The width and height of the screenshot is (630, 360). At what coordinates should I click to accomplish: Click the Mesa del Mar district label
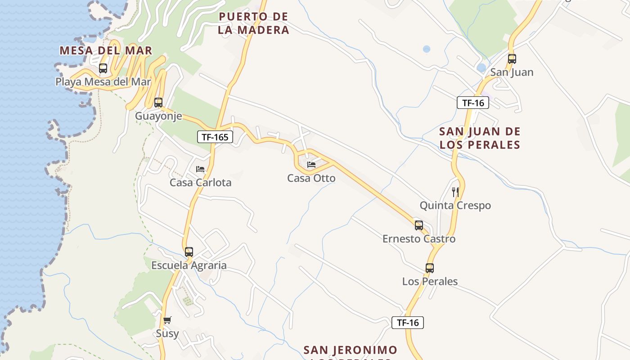(106, 50)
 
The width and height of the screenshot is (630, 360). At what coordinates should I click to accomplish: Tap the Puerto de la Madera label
(253, 23)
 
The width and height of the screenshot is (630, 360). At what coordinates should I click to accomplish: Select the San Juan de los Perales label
(480, 138)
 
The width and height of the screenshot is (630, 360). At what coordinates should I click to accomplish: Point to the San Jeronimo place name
(350, 350)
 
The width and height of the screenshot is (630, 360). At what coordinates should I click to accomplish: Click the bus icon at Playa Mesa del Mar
(103, 68)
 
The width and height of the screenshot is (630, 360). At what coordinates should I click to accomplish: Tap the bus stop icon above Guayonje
(158, 103)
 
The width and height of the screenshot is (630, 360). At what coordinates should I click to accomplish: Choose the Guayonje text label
(158, 116)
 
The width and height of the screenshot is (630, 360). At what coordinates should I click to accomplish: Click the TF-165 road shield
(215, 137)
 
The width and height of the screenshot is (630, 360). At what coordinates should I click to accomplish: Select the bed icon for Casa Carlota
(200, 169)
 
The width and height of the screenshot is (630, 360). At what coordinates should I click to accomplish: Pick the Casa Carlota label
(200, 183)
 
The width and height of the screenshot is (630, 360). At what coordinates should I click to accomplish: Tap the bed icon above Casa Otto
(311, 165)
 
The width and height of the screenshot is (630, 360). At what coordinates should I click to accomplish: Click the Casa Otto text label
(311, 178)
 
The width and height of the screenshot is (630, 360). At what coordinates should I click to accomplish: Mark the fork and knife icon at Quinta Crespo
(455, 192)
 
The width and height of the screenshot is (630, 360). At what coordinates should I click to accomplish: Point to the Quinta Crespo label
(455, 206)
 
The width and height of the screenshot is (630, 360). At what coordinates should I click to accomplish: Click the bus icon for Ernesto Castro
(419, 225)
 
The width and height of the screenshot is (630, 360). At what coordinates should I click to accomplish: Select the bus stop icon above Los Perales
(430, 268)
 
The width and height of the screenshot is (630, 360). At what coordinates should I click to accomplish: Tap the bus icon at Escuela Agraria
(189, 252)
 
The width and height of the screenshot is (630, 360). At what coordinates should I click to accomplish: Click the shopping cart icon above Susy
(167, 320)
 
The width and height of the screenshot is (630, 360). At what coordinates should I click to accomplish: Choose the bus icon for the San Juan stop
(512, 59)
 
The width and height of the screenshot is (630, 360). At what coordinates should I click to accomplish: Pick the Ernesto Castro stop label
(419, 239)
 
